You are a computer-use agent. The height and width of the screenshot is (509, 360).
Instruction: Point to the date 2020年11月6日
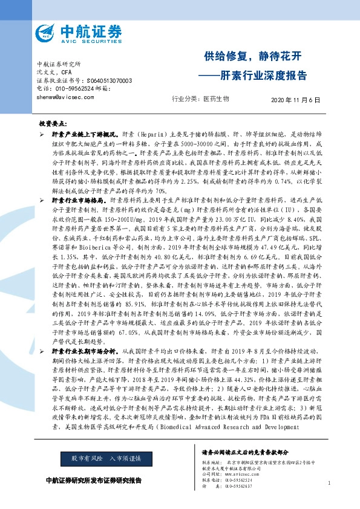[x=295, y=98]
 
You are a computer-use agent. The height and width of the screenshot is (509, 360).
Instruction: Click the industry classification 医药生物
[x=216, y=98]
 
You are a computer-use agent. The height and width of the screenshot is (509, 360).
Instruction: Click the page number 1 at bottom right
[x=329, y=483]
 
